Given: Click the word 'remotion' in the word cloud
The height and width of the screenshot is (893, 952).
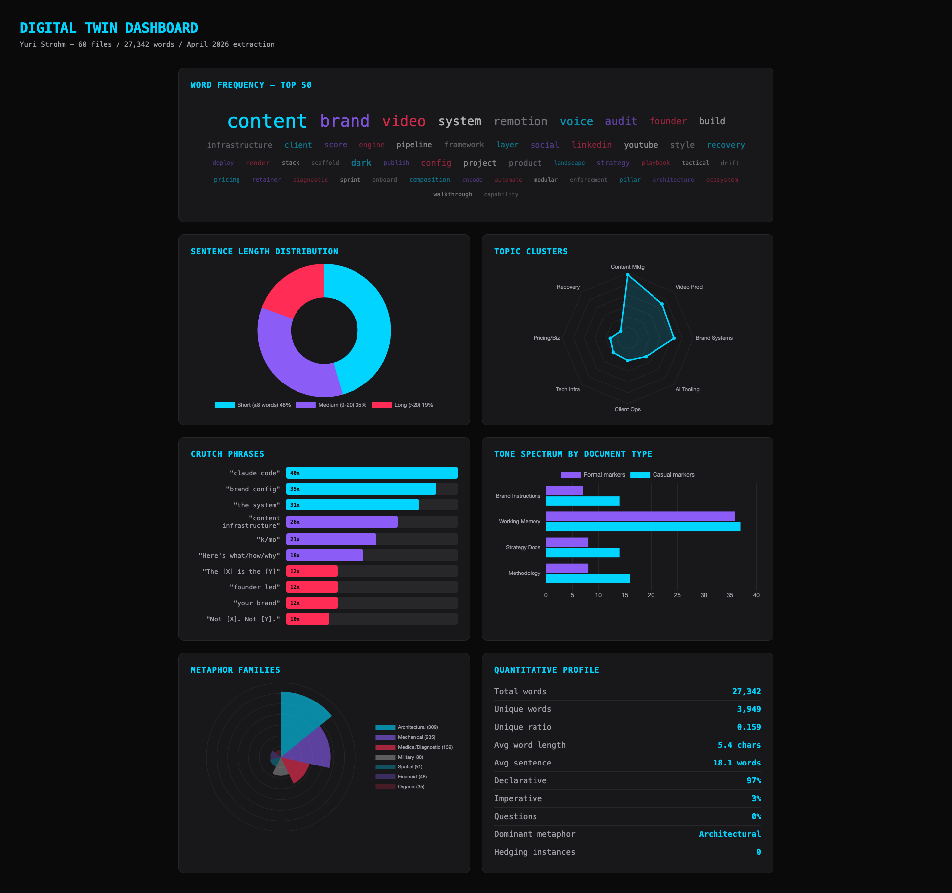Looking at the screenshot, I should [521, 121].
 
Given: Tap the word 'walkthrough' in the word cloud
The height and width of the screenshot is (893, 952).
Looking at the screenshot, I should [452, 194].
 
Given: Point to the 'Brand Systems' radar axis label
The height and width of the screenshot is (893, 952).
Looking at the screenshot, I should [714, 338].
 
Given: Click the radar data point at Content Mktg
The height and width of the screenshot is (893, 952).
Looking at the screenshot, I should [628, 275].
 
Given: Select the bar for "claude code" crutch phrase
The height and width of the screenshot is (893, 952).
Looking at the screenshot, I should [371, 473].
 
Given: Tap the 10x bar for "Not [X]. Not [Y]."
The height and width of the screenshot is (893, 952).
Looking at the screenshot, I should [307, 619].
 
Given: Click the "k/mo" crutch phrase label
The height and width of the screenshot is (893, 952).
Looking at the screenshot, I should [268, 540].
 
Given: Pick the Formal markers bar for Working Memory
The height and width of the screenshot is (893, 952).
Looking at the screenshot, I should [640, 516].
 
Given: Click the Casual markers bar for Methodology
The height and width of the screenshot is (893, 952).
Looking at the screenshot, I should [588, 578].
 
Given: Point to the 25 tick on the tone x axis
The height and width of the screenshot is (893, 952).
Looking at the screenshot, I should [677, 595].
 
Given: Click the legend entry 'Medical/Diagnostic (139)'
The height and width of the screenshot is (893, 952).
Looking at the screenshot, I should [414, 747].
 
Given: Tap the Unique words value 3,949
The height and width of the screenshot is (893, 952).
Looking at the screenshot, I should [748, 709].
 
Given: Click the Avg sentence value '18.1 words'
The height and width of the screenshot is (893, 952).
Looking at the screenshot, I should [736, 763].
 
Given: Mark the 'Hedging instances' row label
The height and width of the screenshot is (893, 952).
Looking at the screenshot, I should [535, 852].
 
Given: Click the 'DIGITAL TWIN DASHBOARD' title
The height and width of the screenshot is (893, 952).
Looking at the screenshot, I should [109, 28].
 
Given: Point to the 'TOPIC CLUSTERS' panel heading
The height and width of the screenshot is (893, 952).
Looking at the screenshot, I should [531, 252].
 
